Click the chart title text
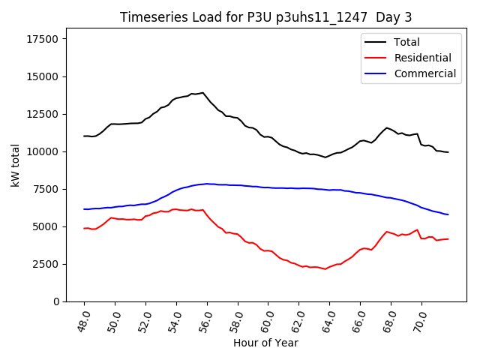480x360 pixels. [266, 17]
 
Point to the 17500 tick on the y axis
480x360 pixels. [44, 39]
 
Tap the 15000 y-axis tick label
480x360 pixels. [44, 76]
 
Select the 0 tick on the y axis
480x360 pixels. [57, 301]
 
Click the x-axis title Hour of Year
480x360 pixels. [266, 343]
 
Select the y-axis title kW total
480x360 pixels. [16, 165]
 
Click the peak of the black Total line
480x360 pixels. [202, 93]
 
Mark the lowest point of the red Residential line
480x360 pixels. [325, 268]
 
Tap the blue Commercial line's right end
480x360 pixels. [448, 214]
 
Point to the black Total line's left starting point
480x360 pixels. [84, 136]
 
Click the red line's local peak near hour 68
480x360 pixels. [387, 232]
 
